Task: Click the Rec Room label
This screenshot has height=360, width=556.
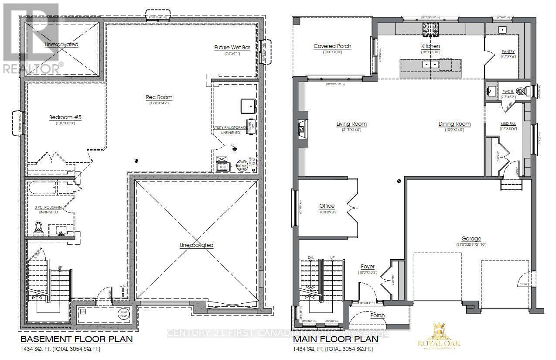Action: [x=159, y=97]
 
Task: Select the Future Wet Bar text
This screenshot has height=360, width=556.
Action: [x=232, y=48]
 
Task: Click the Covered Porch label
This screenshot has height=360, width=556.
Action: [x=332, y=46]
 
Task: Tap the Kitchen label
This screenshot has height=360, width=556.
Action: [x=430, y=46]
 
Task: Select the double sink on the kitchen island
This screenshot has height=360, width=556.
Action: [x=431, y=65]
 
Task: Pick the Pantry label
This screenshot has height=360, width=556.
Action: [x=508, y=51]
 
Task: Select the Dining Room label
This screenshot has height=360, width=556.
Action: [x=455, y=123]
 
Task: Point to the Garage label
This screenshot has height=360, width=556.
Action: [x=471, y=239]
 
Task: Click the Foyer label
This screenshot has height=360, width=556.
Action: [x=368, y=267]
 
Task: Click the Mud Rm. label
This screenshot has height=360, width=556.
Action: [x=508, y=123]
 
